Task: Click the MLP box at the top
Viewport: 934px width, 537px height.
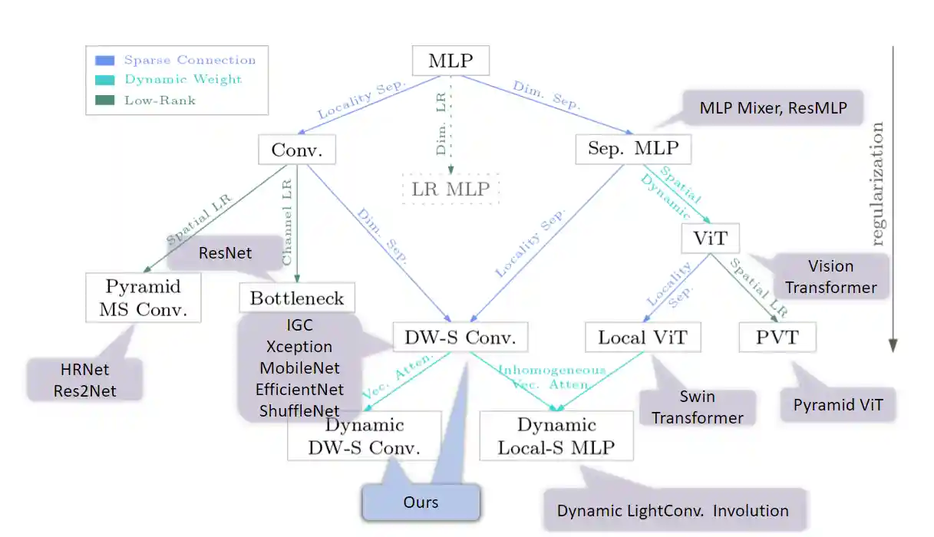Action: point(450,61)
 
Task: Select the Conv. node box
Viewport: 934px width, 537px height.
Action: point(292,149)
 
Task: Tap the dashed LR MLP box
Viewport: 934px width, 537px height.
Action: point(450,189)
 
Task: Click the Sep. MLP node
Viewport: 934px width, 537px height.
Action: point(633,148)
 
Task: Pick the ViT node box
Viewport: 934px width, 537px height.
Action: point(710,238)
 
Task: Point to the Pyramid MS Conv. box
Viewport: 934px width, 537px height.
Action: point(144,298)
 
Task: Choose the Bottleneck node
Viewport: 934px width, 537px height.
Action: point(297,298)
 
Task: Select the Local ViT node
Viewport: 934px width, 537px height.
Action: point(643,337)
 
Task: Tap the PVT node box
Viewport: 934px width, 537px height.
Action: point(777,337)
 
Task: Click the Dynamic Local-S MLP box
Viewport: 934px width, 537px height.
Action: point(556,436)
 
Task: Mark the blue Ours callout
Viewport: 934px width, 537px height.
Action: point(421,502)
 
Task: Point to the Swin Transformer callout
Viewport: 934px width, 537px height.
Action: point(698,407)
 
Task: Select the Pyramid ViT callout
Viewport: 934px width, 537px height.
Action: point(839,405)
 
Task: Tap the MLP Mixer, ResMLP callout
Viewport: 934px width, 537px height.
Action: point(773,108)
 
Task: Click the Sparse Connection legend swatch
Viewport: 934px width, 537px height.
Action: point(105,60)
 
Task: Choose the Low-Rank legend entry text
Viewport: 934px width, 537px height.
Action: point(160,100)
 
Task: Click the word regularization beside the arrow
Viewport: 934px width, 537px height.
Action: point(877,183)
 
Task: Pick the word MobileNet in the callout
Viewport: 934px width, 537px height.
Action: point(299,368)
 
